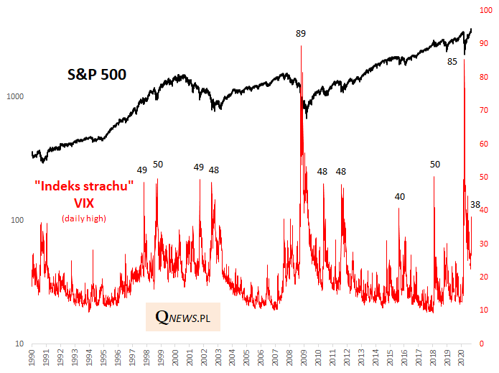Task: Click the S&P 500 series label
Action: click(x=97, y=73)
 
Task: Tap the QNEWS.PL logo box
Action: click(x=183, y=316)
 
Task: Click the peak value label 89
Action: click(x=301, y=33)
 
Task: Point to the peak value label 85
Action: click(x=452, y=62)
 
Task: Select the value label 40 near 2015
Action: click(x=400, y=197)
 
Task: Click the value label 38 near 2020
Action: click(x=475, y=205)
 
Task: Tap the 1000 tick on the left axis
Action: click(x=16, y=96)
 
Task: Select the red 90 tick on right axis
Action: click(x=485, y=45)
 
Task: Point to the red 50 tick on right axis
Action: click(x=485, y=178)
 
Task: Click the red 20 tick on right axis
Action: click(x=485, y=277)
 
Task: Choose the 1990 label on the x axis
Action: click(x=32, y=358)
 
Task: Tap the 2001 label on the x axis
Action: click(x=189, y=358)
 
